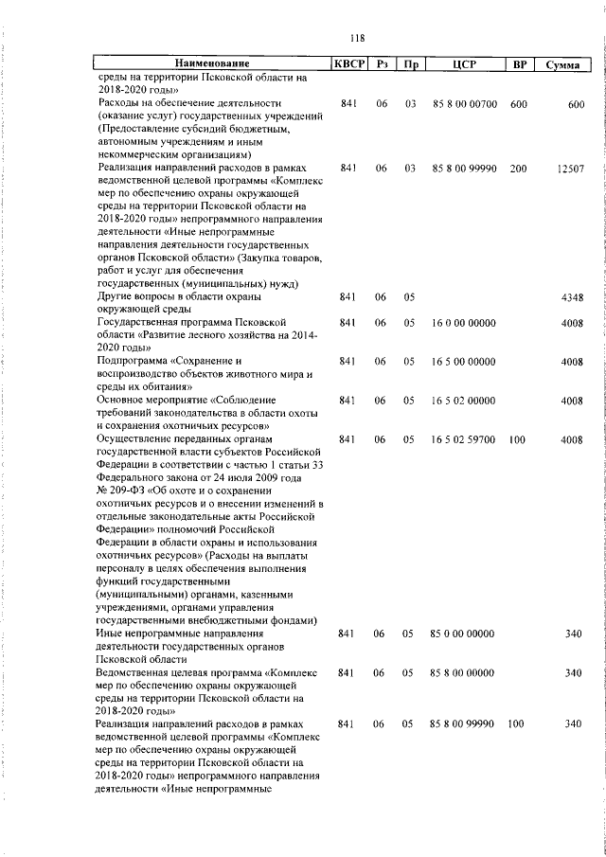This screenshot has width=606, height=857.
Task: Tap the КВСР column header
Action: pos(347,63)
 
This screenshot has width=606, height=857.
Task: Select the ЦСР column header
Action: pos(463,63)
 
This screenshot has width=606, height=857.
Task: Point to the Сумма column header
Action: pos(564,63)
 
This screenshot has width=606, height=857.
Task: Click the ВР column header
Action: pos(519,63)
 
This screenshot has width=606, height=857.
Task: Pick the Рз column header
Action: pos(382,63)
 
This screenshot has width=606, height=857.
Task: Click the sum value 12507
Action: pos(571,168)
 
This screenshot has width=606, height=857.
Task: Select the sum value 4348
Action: pos(571,297)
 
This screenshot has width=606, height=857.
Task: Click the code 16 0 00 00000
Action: pos(463,323)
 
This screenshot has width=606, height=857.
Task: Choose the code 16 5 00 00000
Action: pos(463,362)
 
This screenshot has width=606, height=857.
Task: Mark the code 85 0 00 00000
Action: pos(463,634)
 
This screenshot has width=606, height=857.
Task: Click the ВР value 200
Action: pos(518,168)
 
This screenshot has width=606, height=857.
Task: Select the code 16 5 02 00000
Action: pos(463,401)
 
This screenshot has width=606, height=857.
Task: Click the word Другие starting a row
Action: pos(115,297)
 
